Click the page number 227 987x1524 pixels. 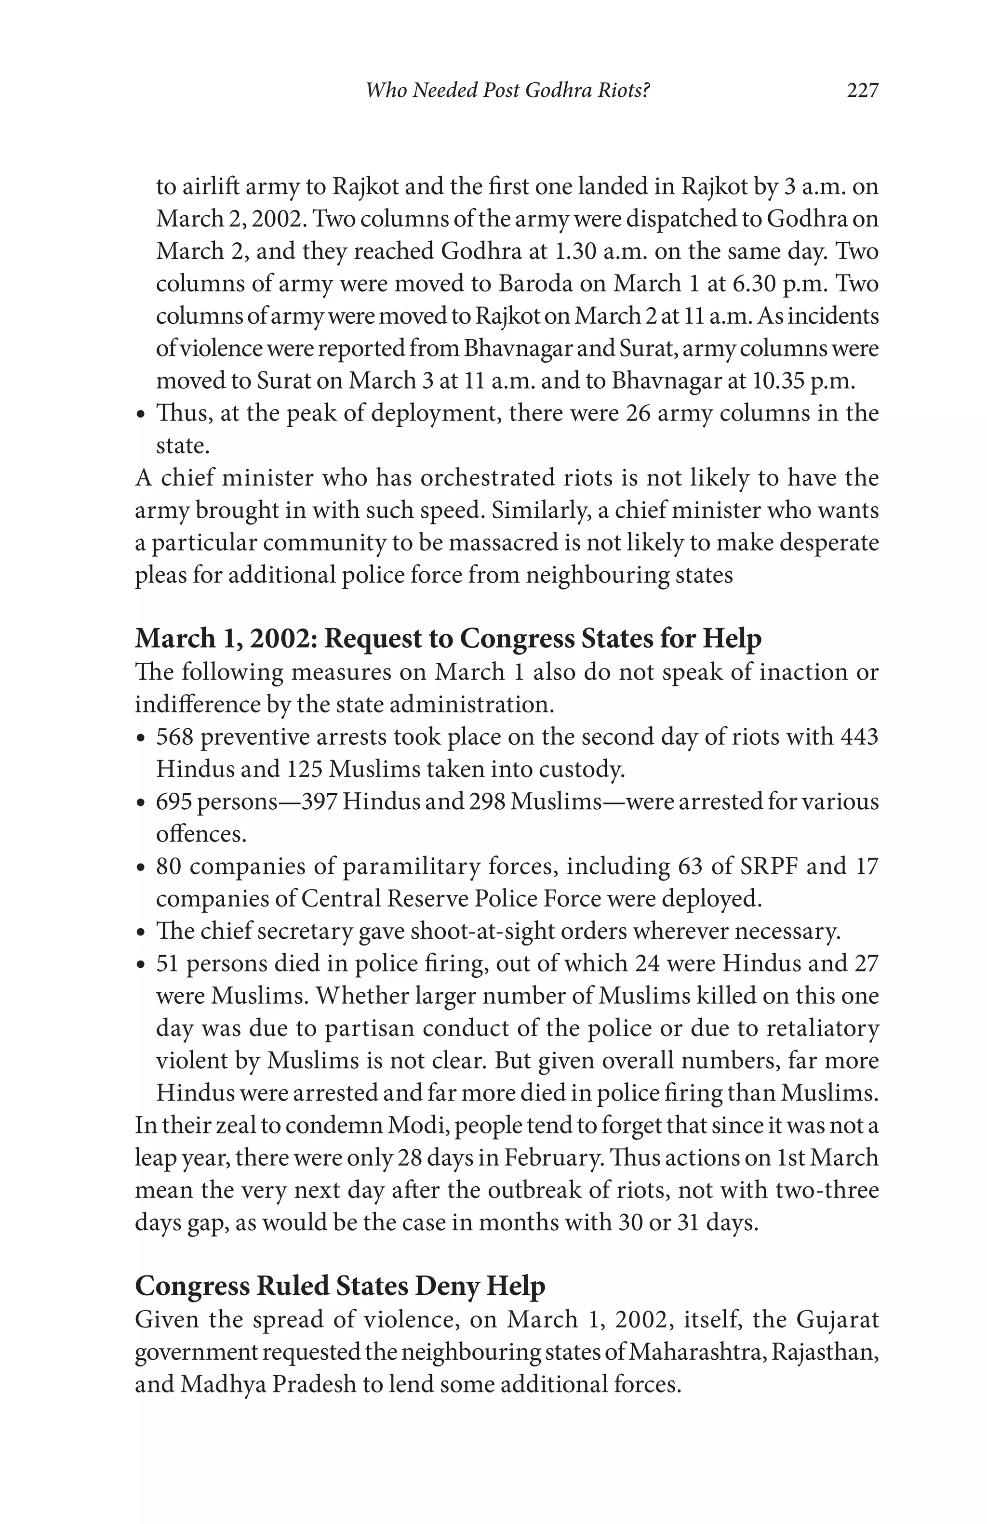(x=862, y=91)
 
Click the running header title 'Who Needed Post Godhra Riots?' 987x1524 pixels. (x=507, y=91)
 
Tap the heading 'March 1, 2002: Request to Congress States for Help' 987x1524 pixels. (x=448, y=638)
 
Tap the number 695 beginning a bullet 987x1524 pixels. (x=173, y=801)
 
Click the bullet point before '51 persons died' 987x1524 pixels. (x=142, y=965)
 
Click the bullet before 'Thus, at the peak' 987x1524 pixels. (x=142, y=415)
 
